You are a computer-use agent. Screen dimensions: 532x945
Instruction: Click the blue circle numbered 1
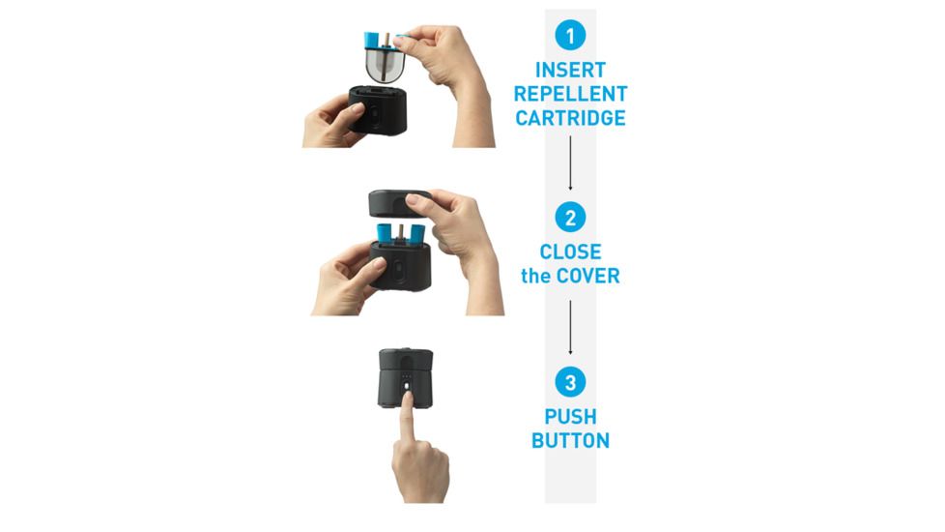tap(570, 37)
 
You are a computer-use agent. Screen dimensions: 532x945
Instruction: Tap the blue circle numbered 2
tap(570, 217)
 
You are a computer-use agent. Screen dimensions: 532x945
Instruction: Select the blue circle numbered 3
tap(570, 382)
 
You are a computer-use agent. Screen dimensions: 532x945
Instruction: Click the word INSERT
tap(570, 71)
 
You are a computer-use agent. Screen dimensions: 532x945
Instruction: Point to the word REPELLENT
tap(570, 95)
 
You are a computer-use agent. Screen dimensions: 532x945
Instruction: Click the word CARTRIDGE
tap(570, 119)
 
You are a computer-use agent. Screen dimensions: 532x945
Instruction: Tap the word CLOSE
tap(570, 251)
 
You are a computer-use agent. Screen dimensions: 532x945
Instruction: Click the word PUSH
tap(570, 417)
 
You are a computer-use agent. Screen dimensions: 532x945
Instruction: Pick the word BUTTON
tap(570, 441)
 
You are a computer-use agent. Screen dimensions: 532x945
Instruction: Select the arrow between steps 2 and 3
tap(570, 328)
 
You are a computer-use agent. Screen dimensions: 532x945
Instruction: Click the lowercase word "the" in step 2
tap(535, 277)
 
